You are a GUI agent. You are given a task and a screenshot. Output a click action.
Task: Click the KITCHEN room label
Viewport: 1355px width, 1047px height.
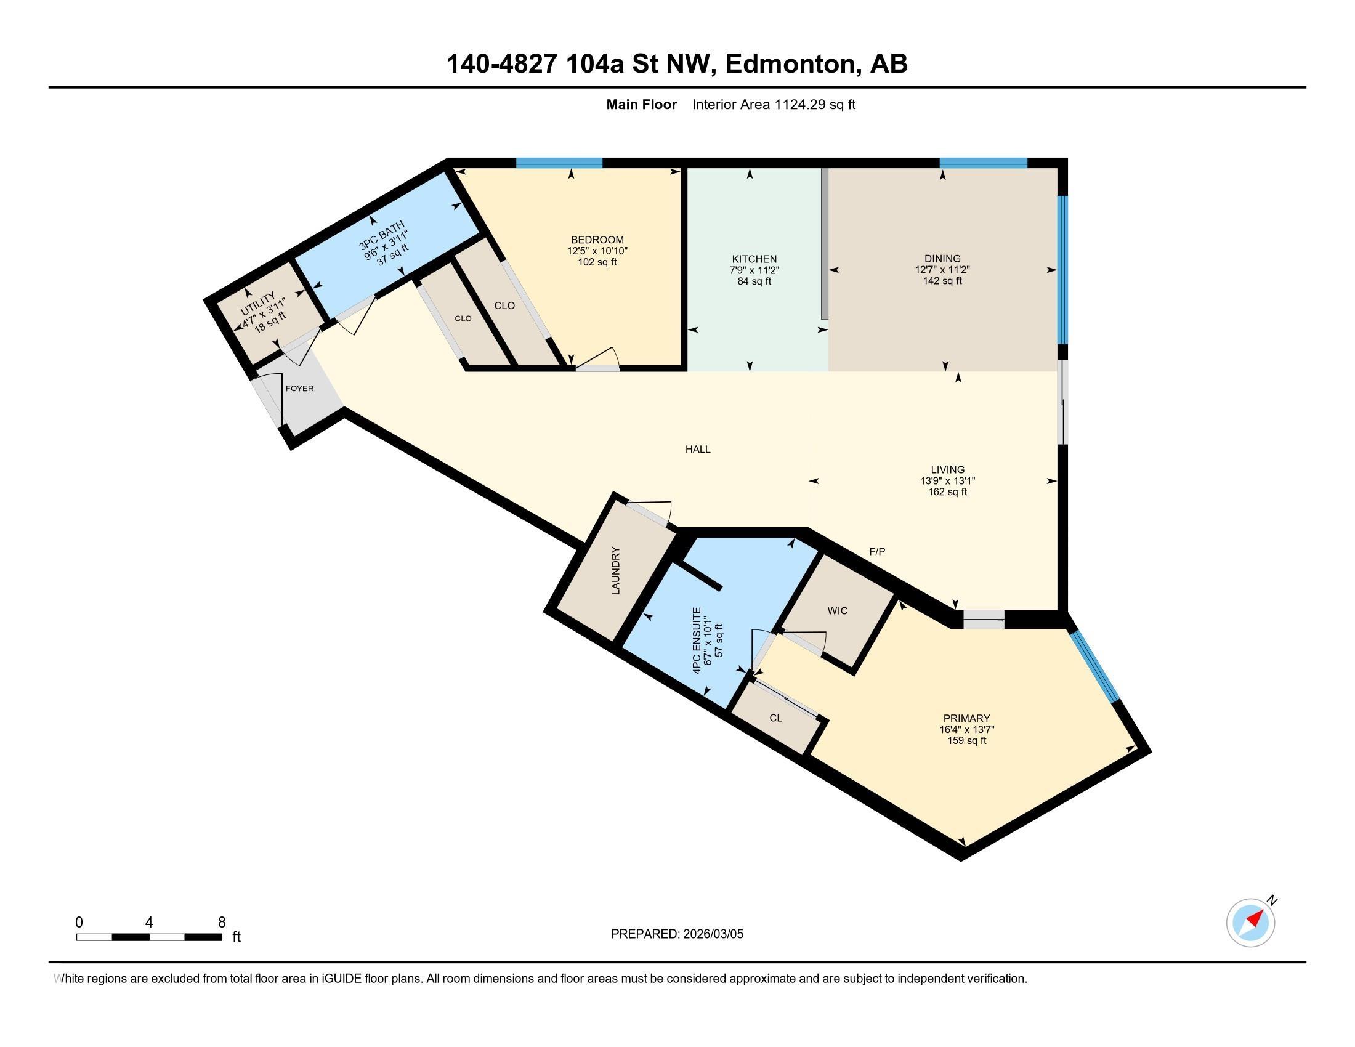[x=754, y=259]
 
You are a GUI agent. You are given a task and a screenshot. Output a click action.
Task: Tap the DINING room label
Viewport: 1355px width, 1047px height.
[x=942, y=259]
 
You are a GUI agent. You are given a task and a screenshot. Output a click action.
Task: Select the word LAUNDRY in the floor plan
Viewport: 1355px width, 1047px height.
[x=615, y=570]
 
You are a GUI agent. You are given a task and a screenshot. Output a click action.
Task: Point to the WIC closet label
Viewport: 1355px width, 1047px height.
[x=837, y=611]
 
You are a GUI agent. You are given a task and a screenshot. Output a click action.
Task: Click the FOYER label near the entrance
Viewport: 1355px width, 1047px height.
[x=299, y=389]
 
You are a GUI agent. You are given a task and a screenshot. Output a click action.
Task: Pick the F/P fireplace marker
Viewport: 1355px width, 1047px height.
[x=876, y=551]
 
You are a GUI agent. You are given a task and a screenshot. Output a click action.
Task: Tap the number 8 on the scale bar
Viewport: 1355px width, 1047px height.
[x=222, y=923]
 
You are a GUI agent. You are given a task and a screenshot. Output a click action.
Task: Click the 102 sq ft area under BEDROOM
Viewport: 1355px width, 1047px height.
[x=597, y=262]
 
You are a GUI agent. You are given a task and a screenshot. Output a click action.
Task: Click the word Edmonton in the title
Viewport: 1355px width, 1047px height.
[x=791, y=64]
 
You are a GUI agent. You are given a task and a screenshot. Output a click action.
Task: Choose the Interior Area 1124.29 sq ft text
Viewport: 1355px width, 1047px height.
[x=773, y=105]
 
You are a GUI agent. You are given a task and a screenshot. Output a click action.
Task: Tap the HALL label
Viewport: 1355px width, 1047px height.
[x=697, y=450]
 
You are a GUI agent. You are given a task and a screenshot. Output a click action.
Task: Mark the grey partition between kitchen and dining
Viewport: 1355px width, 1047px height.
[x=824, y=243]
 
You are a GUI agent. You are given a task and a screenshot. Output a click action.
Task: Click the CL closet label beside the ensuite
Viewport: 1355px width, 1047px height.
[x=775, y=718]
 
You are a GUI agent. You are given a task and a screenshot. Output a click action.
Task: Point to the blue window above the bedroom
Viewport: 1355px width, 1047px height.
[x=559, y=163]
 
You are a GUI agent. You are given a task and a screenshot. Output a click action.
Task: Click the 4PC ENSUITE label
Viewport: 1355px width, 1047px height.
[x=697, y=640]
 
